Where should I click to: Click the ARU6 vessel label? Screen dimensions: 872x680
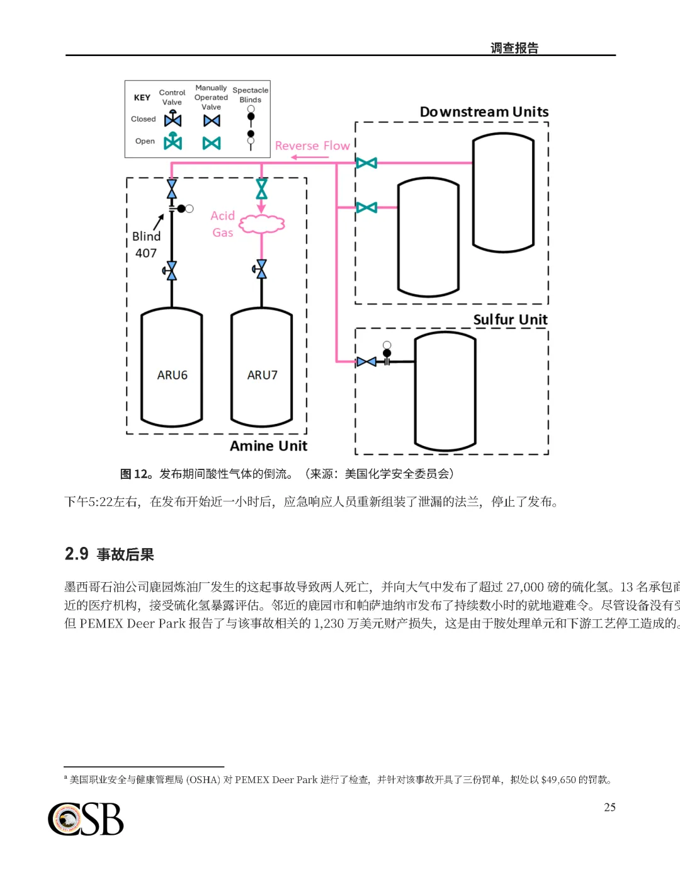172,375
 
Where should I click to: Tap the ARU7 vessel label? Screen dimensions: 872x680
262,375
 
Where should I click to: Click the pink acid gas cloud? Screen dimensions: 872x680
261,224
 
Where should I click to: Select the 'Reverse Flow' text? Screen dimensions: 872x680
312,146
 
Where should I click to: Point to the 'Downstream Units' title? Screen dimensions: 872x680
484,112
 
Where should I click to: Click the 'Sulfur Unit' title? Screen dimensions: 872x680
510,319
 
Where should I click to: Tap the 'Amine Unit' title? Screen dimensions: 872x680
268,445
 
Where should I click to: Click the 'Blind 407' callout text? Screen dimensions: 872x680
146,244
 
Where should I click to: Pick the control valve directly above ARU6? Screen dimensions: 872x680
171,270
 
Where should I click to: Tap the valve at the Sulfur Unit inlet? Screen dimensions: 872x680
366,362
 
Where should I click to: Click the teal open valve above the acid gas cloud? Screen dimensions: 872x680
261,188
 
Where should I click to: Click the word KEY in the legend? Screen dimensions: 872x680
142,98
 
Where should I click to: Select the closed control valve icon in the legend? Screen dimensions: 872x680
173,119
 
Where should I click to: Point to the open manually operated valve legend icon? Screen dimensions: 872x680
212,143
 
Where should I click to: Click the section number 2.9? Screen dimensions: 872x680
76,554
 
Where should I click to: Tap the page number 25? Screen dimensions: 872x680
609,807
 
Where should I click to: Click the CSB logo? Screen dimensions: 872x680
86,819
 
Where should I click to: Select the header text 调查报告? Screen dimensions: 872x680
514,48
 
